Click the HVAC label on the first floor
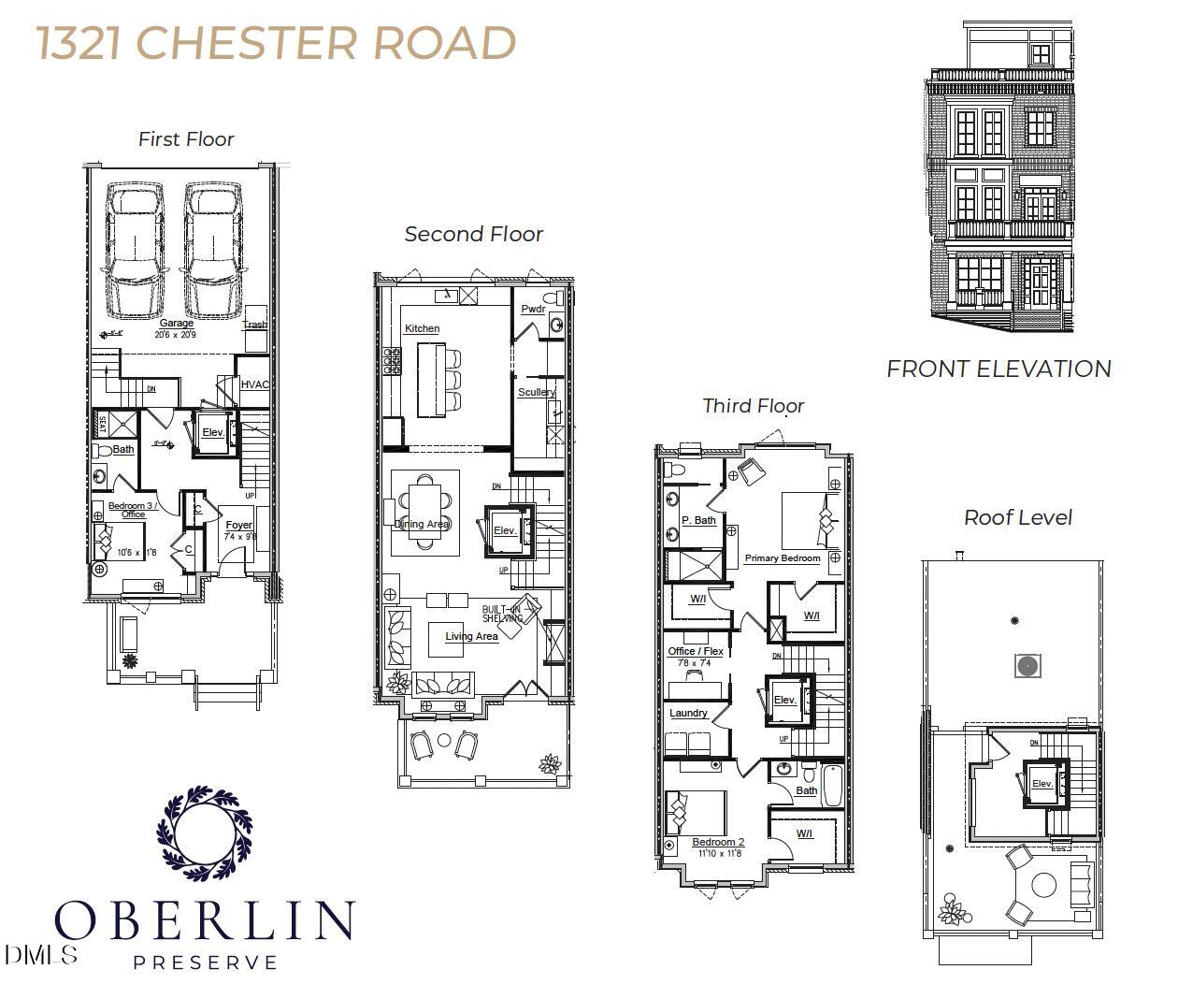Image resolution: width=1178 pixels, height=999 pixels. pos(255,384)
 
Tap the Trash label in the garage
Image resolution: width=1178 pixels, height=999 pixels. pos(254,325)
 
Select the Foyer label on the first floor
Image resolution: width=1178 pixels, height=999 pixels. pos(239,526)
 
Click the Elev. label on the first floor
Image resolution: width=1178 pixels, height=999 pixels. pos(213,432)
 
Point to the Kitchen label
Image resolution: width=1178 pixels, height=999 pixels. pos(422,328)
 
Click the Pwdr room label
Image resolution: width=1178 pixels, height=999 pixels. pos(533,309)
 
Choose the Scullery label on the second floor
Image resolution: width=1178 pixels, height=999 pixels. pos(537,392)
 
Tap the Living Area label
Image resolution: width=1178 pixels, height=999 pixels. pos(471,636)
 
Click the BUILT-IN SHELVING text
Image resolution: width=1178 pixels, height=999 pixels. pos(501,614)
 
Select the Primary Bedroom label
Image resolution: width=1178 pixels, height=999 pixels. pos(783,558)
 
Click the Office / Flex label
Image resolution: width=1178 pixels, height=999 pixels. pos(696,651)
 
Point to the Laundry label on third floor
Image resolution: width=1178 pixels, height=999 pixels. pos(688,713)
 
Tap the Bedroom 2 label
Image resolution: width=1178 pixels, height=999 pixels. pos(718,842)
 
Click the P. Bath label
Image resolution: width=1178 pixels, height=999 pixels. pos(698,520)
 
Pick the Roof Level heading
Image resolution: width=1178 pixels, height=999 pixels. pos(1017,517)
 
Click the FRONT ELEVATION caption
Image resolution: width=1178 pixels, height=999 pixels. pos(998,369)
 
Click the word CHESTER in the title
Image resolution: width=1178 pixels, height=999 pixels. pos(251,43)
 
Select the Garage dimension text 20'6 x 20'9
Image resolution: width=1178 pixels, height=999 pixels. pos(176,334)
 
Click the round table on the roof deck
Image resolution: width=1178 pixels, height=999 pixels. pos(1043,884)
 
